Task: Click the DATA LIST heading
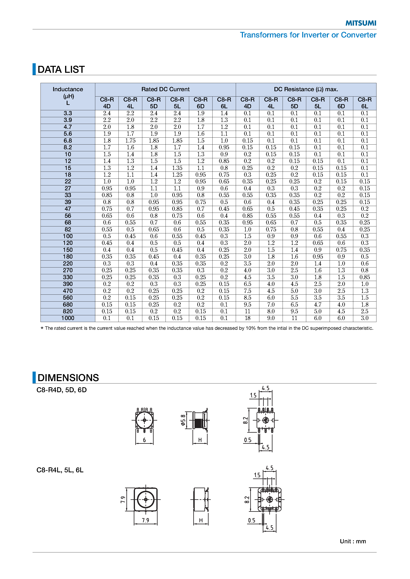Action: pos(61,69)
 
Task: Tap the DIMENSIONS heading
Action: pos(68,378)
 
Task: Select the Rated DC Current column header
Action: pos(165,89)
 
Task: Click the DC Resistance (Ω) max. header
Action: pos(306,89)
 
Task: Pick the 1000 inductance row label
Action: pos(68,318)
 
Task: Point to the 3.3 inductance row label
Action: pos(68,113)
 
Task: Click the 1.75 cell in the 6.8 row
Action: pos(130,141)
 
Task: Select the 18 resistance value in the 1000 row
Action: pos(247,318)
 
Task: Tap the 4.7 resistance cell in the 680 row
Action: pos(318,305)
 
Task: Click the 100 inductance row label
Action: pos(68,236)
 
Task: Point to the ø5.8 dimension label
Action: pos(183,420)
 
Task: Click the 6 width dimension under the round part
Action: pos(144,440)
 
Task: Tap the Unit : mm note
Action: pos(353,542)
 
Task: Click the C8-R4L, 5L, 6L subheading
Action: pos(60,470)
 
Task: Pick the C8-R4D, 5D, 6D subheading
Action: pos(62,390)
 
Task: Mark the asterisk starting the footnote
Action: pos(42,328)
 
